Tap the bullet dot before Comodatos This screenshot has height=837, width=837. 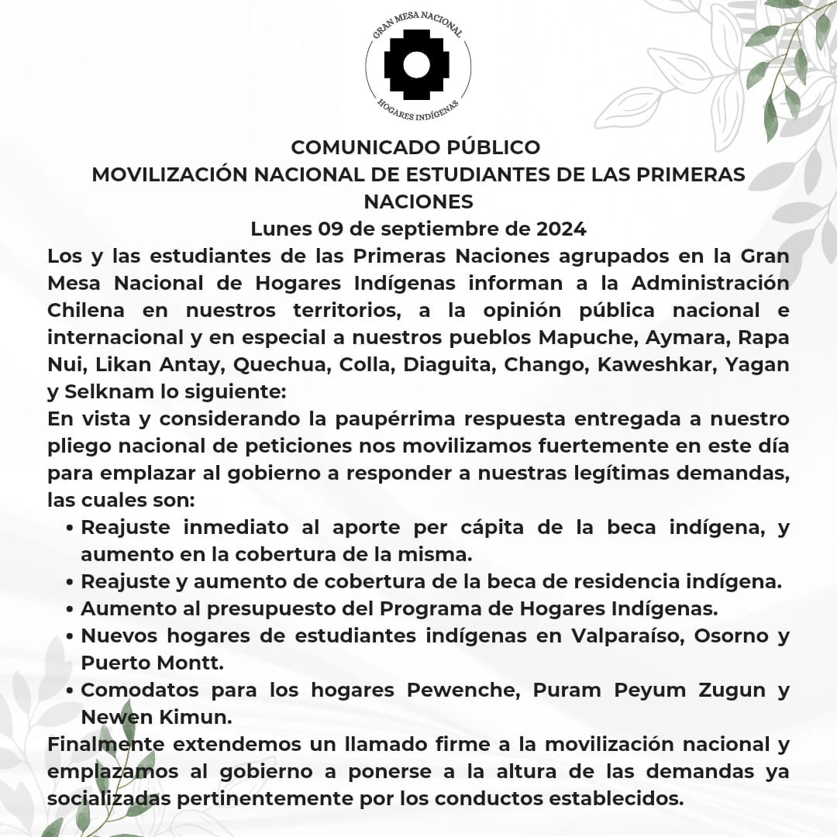tap(71, 691)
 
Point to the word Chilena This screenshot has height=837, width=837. tap(88, 311)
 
